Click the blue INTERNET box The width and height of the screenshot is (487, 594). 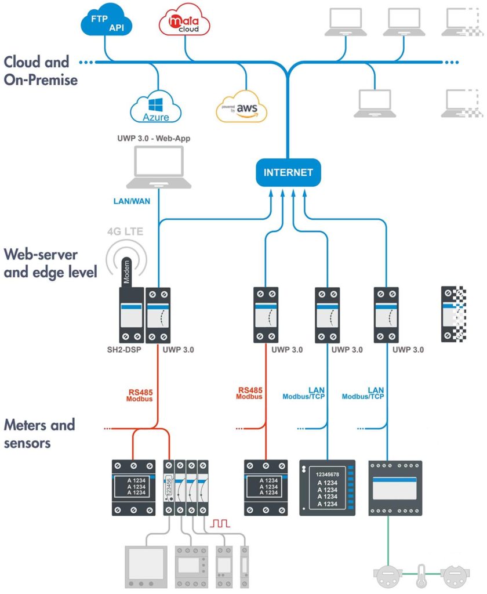tap(288, 172)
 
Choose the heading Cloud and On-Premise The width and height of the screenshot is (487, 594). tap(41, 70)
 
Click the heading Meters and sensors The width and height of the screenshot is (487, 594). tap(39, 433)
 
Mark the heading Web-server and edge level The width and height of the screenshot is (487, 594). tap(50, 263)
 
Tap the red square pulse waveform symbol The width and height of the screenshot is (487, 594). tap(220, 523)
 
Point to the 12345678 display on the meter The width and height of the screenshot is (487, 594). tap(326, 474)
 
